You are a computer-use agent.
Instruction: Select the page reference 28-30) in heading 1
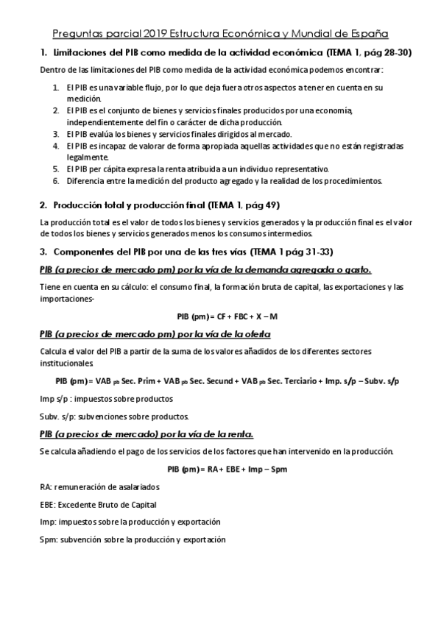coord(395,53)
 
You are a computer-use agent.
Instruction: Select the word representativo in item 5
coord(294,169)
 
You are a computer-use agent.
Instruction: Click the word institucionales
coord(67,363)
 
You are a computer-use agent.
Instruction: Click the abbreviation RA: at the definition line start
coord(46,486)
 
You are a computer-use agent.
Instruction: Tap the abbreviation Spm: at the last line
coord(50,539)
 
